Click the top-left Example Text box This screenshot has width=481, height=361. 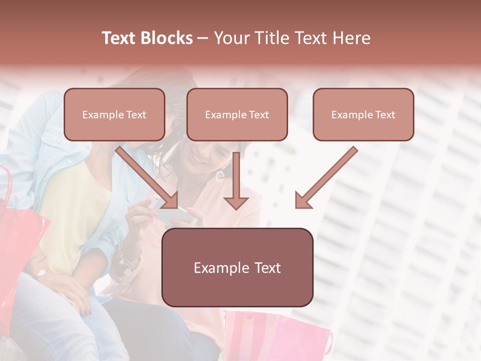pos(114,115)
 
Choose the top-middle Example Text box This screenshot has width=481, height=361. pos(237,115)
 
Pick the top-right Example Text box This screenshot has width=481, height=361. pos(363,115)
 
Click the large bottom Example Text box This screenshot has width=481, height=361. pos(237,268)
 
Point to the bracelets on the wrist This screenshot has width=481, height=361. pos(128,258)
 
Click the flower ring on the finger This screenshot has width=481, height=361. pos(41,273)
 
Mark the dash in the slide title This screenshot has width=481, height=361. pos(203,39)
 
